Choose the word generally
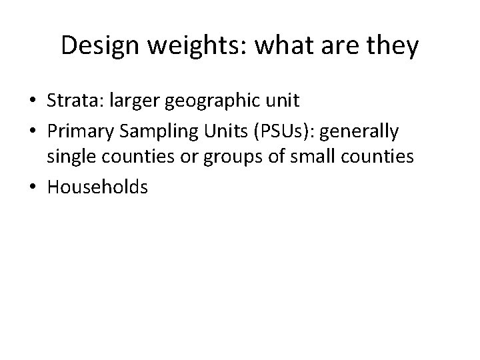(360, 131)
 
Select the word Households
(97, 188)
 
